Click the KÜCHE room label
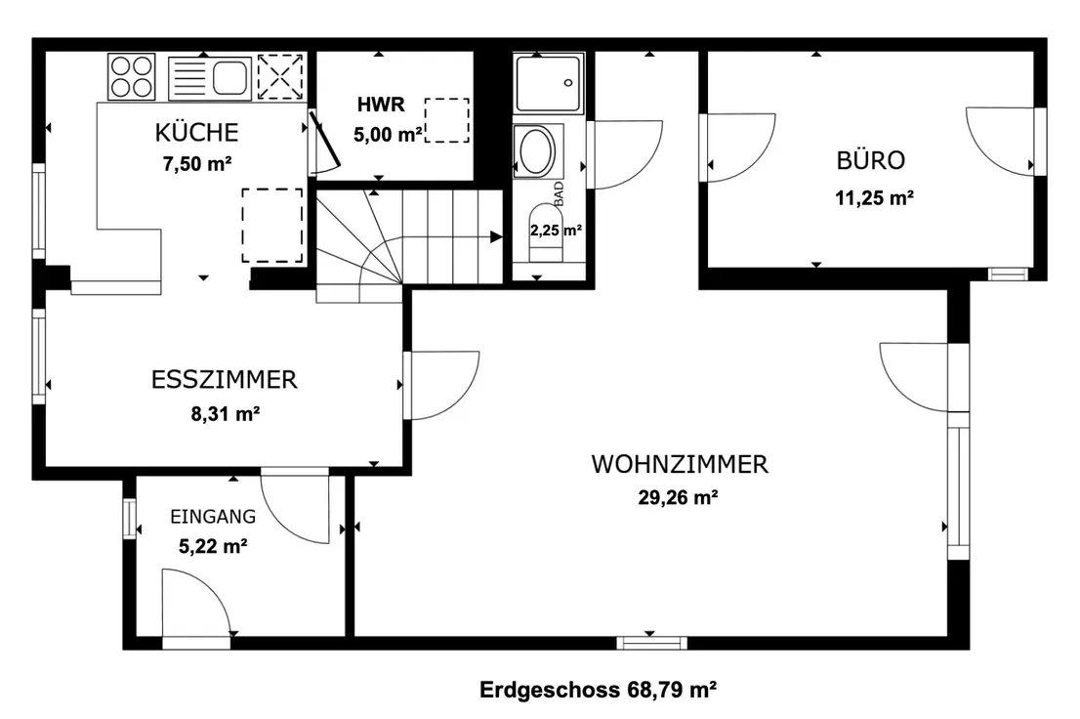point(196,132)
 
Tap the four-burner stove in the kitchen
point(132,76)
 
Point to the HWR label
point(381,105)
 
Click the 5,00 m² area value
point(388,134)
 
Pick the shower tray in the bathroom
point(549,83)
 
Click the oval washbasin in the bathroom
point(537,151)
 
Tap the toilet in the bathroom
point(546,233)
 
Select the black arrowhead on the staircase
point(496,237)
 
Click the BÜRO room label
point(871,160)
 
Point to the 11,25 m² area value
point(875,198)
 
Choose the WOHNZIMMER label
point(680,464)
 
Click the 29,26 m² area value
point(679,497)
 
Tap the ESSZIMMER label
point(225,380)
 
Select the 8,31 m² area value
point(226,413)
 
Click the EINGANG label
point(213,517)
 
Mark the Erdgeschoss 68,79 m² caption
point(598,690)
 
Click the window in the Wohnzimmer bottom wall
point(651,643)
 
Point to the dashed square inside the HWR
point(447,120)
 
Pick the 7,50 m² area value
point(197,164)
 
